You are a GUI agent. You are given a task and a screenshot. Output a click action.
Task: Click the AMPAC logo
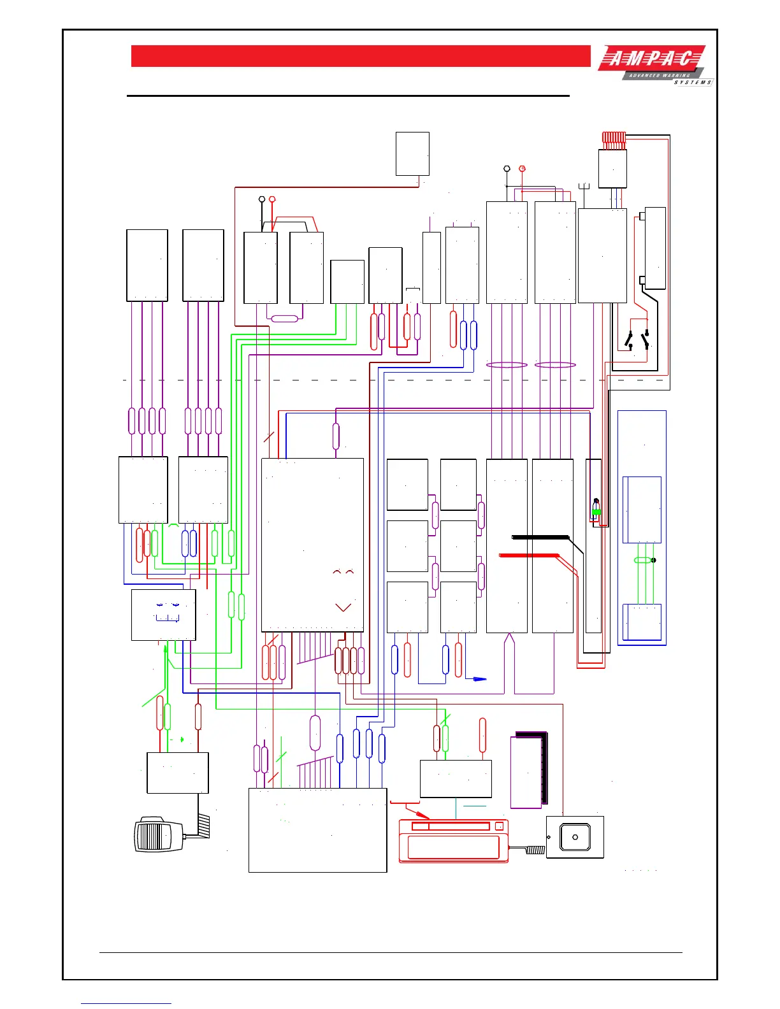(654, 65)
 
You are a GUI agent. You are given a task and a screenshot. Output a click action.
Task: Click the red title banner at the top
(361, 56)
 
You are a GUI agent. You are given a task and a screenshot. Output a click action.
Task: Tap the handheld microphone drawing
(157, 834)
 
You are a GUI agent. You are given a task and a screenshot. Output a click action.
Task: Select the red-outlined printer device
(453, 841)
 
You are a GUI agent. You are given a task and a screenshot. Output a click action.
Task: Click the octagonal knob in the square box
(575, 837)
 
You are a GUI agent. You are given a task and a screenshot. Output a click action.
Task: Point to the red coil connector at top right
(614, 138)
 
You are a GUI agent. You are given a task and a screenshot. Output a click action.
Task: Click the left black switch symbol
(629, 341)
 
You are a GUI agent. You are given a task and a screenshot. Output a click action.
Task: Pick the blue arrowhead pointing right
(480, 679)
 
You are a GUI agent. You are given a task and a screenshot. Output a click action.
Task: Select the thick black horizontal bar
(540, 537)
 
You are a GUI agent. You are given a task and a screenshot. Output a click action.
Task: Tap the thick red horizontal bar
(529, 556)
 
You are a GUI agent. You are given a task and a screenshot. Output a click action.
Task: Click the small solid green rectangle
(596, 512)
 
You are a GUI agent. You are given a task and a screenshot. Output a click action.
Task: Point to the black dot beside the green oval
(654, 561)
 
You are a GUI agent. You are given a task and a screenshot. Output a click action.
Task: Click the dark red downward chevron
(343, 608)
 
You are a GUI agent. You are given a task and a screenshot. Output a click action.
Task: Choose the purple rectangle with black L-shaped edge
(528, 771)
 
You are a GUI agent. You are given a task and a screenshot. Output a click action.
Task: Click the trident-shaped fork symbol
(584, 187)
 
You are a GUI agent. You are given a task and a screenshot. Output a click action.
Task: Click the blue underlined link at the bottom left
(126, 1003)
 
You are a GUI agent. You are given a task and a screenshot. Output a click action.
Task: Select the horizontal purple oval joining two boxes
(284, 318)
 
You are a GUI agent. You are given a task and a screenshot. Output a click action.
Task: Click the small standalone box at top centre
(412, 154)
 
